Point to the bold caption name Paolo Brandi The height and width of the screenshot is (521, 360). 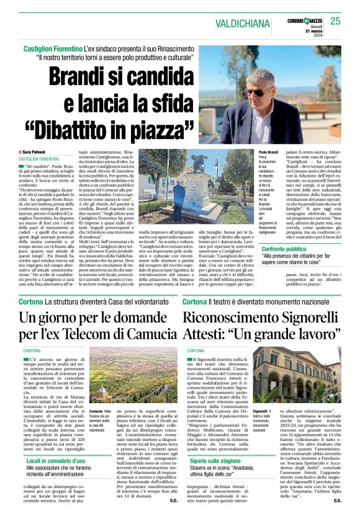coord(268,152)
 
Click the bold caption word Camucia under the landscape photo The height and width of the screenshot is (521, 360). coord(96,411)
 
